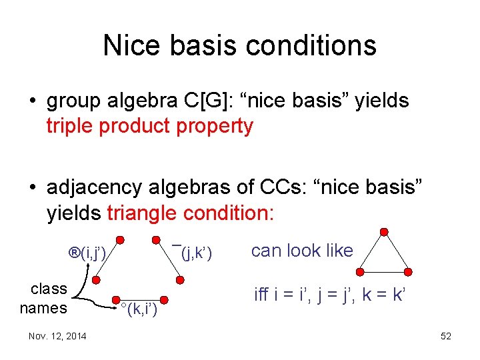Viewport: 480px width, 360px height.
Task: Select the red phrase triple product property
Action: tap(150, 126)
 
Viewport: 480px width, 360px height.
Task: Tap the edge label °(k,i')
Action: tap(138, 309)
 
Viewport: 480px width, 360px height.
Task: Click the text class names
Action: tap(44, 298)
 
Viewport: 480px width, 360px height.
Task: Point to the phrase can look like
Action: tap(302, 251)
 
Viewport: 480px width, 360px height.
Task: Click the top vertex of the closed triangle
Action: tap(383, 231)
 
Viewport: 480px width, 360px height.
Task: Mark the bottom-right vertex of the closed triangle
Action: tap(408, 272)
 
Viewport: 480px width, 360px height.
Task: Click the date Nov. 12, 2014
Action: tap(57, 336)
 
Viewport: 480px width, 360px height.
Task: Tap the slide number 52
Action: tap(446, 336)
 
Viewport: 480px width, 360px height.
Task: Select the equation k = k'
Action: tap(383, 294)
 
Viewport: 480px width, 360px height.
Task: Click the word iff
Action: tap(262, 294)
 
